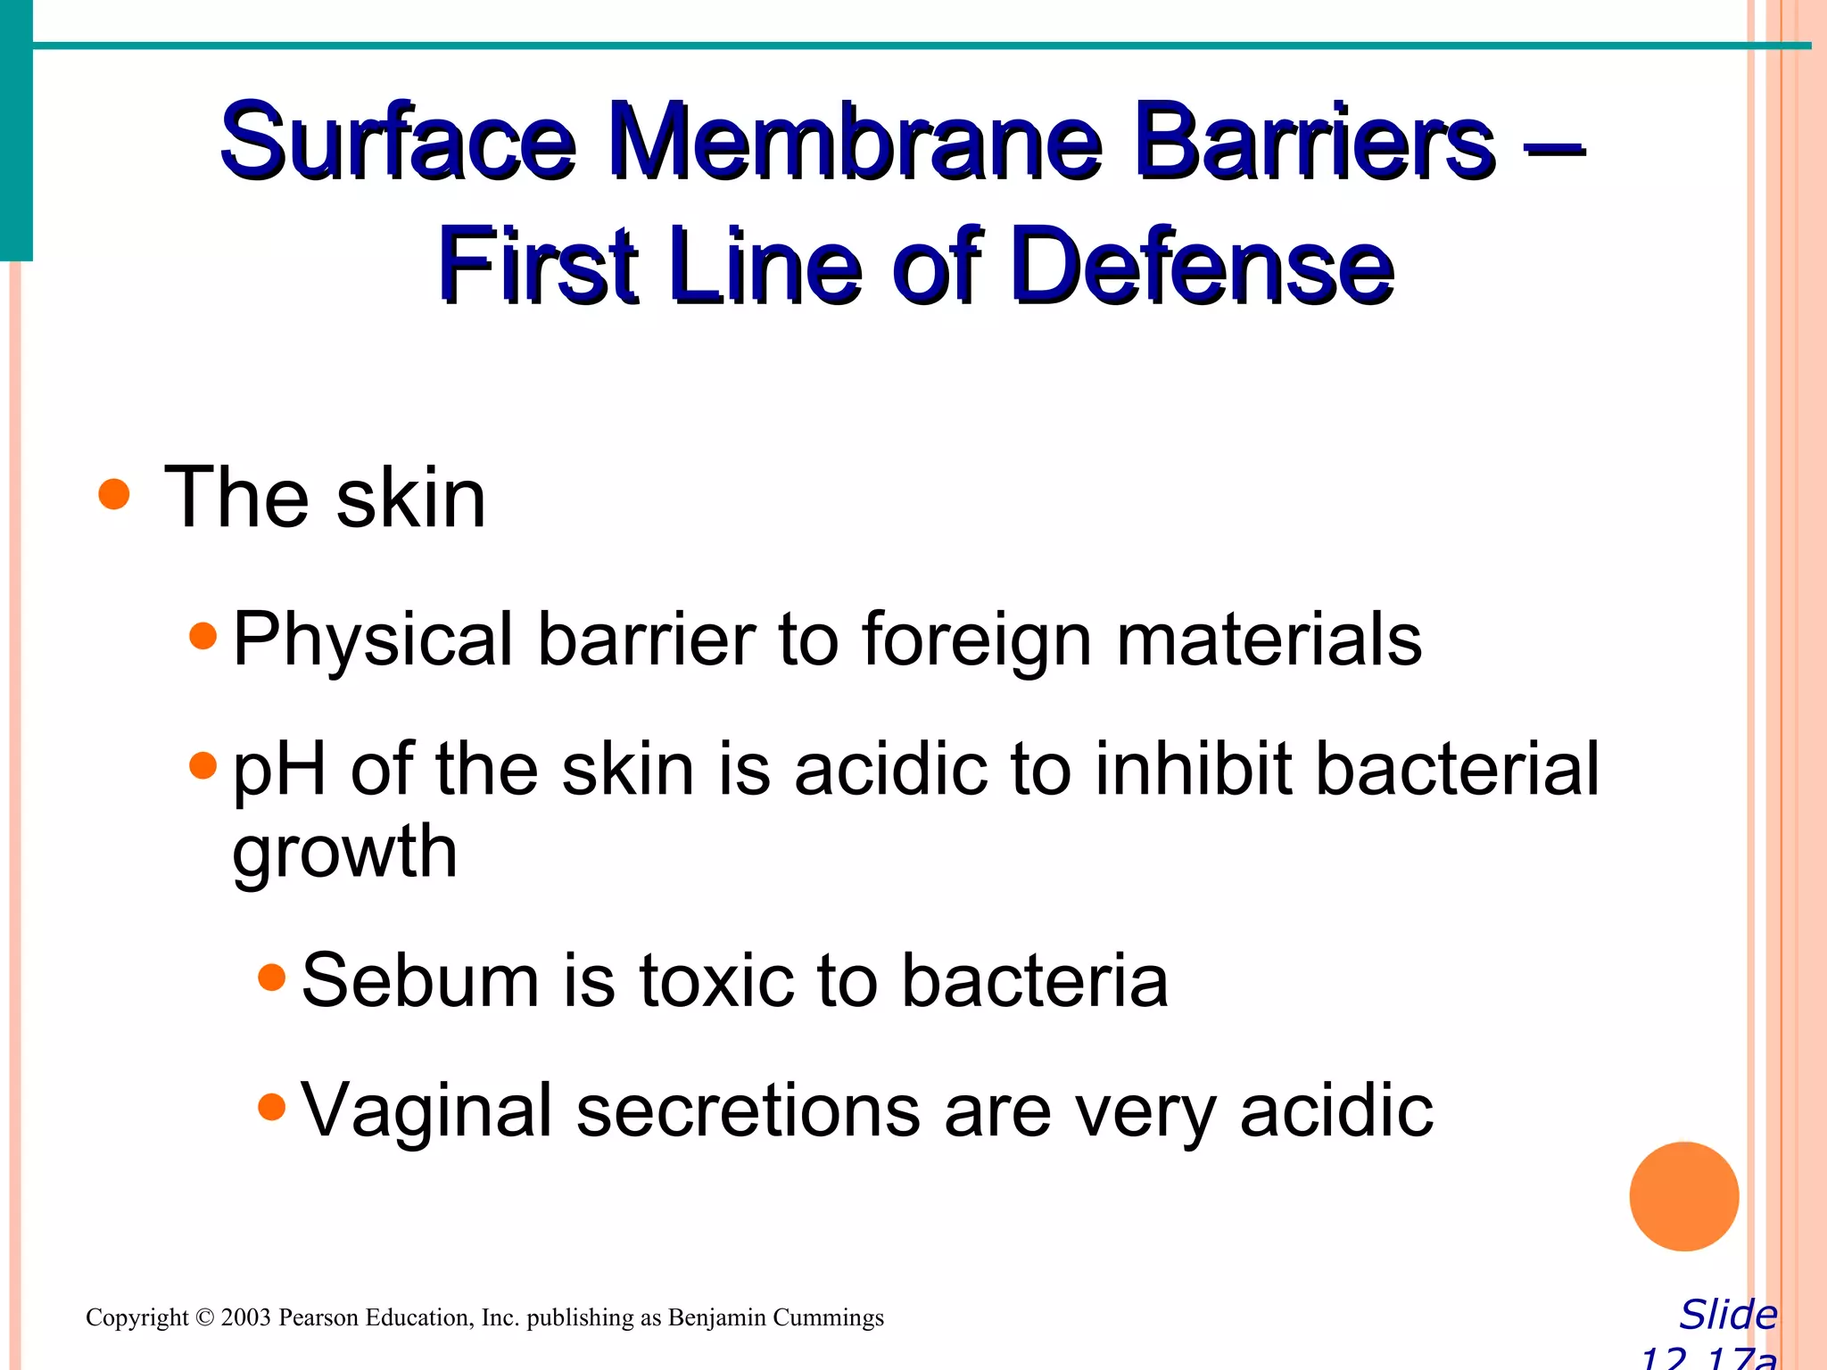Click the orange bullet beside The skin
coord(114,493)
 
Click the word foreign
coord(976,640)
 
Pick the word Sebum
coord(420,980)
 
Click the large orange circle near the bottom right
coord(1683,1196)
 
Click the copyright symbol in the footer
coord(204,1318)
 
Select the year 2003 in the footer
coord(245,1318)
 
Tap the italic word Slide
coord(1728,1315)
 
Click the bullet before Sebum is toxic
coord(271,978)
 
